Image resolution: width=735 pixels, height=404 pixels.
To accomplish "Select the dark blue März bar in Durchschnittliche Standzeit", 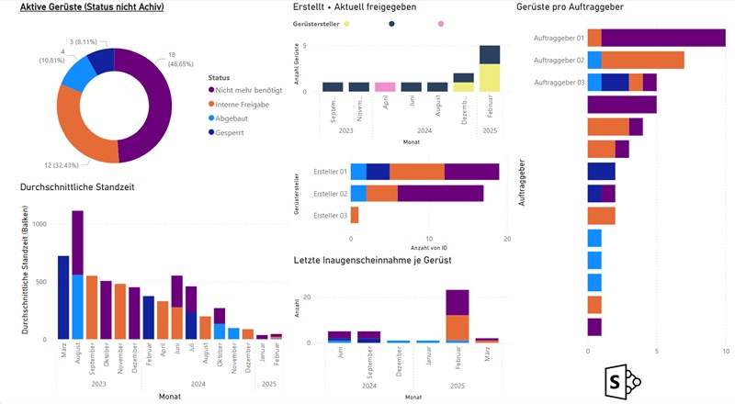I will tap(63, 297).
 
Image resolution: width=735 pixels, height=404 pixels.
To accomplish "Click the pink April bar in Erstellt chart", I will tap(386, 87).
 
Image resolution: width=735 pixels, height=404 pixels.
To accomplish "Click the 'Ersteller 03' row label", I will tap(330, 216).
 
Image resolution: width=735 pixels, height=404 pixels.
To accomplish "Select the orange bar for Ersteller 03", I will tap(355, 216).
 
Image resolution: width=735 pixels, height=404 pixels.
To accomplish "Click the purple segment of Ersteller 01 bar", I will tap(471, 172).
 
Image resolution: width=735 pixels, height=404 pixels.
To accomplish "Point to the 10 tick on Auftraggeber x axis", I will tap(726, 351).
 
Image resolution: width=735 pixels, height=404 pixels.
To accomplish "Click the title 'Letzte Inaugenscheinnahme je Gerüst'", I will tap(372, 261).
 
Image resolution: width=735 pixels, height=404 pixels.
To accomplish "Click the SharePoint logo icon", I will tap(622, 379).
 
